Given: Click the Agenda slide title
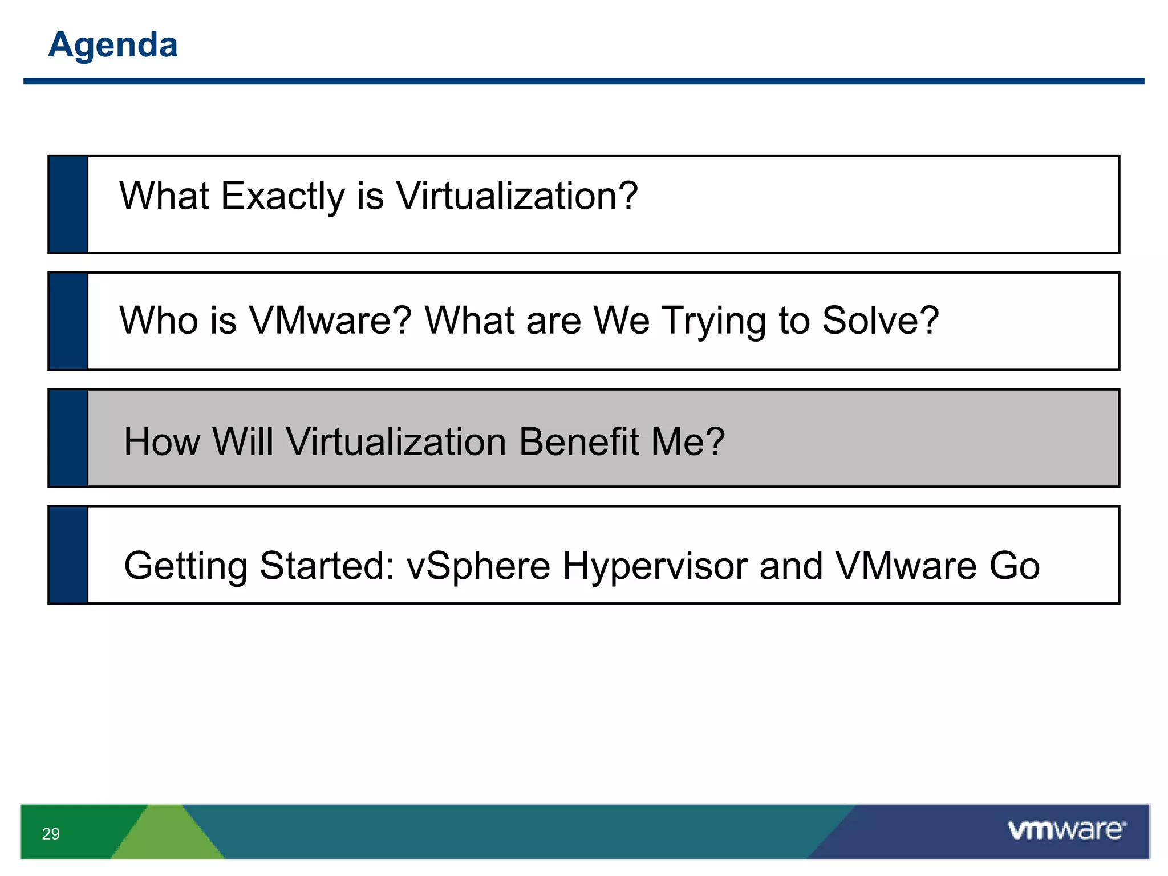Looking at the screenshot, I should pyautogui.click(x=113, y=44).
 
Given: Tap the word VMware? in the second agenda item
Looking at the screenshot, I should pyautogui.click(x=331, y=321).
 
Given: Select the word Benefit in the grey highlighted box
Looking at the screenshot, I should pyautogui.click(x=579, y=442).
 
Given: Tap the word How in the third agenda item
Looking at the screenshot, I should pyautogui.click(x=162, y=442).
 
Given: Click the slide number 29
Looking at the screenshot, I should pyautogui.click(x=51, y=834).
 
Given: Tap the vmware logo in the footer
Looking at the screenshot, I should pyautogui.click(x=1066, y=830).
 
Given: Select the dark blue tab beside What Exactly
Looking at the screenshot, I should pyautogui.click(x=68, y=204).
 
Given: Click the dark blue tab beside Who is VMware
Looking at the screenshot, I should pyautogui.click(x=68, y=321).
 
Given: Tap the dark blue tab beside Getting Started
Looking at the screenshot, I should pyautogui.click(x=68, y=554).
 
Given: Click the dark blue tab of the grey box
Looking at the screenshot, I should pyautogui.click(x=68, y=438).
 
